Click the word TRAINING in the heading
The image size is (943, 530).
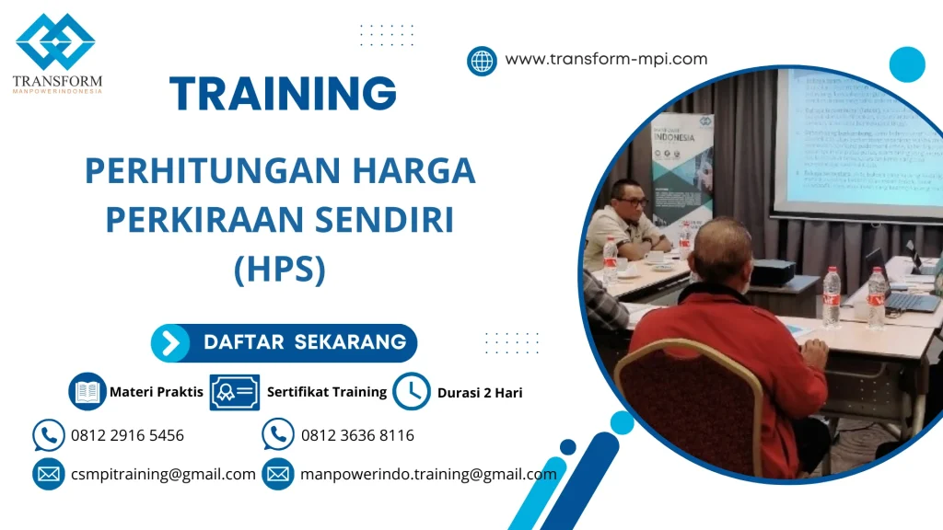[x=284, y=94]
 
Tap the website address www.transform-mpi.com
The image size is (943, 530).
[x=606, y=59]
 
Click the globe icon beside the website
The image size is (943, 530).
[x=482, y=61]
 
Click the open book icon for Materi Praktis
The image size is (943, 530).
[x=87, y=392]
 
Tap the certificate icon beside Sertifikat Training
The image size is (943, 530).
[x=234, y=392]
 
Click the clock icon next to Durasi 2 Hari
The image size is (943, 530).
[x=411, y=392]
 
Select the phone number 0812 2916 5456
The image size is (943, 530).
[x=127, y=435]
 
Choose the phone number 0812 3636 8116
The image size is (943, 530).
[x=357, y=435]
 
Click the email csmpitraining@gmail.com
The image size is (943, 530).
[x=163, y=475]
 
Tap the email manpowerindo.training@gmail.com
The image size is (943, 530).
[x=428, y=475]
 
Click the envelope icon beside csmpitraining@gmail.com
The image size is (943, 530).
[x=48, y=475]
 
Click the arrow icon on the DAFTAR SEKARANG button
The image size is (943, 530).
[x=170, y=343]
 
